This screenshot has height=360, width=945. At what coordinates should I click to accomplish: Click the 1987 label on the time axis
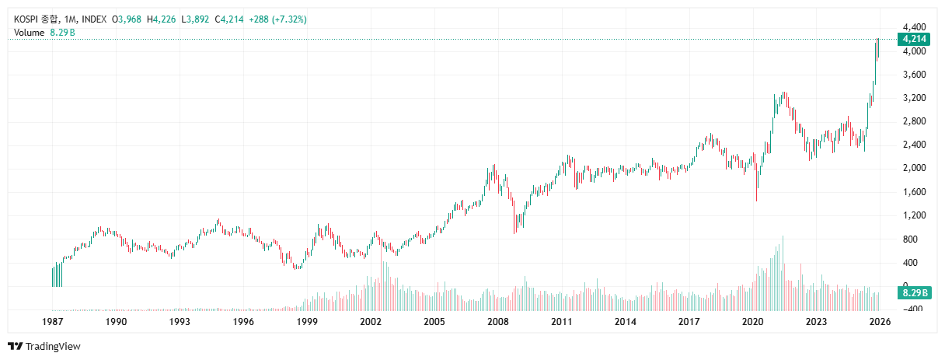(52, 321)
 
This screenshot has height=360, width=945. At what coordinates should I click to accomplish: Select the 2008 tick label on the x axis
(497, 321)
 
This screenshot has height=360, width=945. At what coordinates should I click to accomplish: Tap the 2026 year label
(879, 321)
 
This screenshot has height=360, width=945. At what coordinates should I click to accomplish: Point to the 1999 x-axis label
(307, 321)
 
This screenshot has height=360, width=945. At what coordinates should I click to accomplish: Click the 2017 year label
(689, 321)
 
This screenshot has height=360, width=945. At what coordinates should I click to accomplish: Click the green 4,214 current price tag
(913, 39)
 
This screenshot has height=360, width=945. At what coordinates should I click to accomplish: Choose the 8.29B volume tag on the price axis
(913, 292)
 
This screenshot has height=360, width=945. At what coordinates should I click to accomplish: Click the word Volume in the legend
(30, 32)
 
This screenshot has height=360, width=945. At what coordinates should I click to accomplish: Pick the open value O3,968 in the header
(127, 19)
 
